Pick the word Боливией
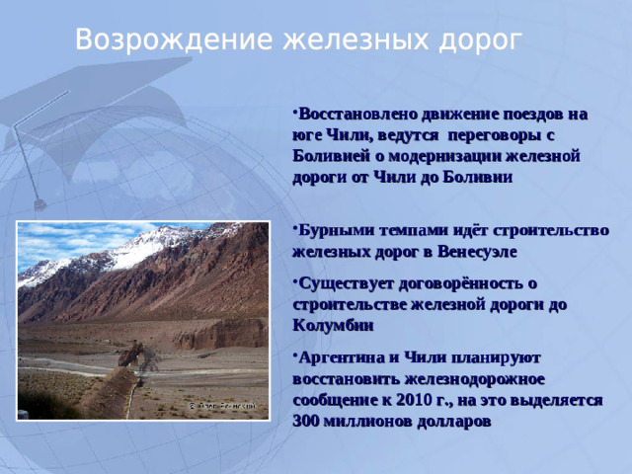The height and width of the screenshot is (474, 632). tap(329, 155)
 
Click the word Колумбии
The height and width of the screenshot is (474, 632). tap(333, 325)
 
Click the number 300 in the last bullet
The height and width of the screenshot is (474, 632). tap(307, 420)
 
